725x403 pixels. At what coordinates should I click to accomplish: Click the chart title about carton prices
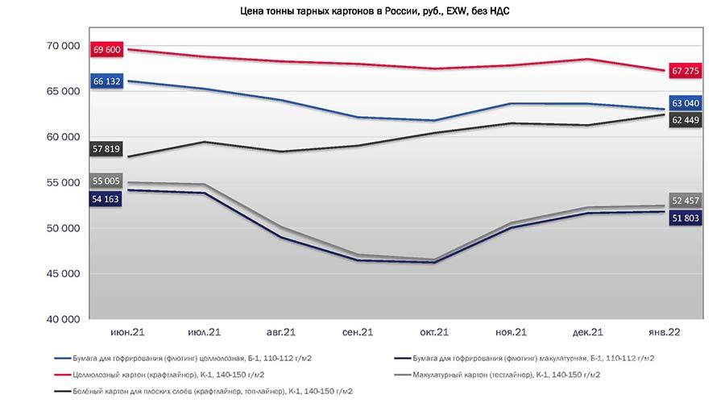click(375, 11)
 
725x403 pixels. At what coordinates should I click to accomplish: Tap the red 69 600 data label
click(107, 49)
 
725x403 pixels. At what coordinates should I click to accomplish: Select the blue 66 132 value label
click(107, 81)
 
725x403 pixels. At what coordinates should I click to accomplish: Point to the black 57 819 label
click(106, 149)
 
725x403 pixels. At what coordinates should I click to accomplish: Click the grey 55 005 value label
click(106, 181)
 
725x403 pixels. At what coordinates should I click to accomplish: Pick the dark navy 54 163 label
click(106, 199)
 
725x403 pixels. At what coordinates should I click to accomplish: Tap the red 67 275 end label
click(686, 71)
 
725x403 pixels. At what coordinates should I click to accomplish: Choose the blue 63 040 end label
click(686, 103)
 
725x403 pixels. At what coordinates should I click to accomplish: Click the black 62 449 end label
click(686, 120)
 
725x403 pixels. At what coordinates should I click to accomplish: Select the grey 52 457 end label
click(686, 201)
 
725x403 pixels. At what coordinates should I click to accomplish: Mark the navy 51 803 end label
click(686, 218)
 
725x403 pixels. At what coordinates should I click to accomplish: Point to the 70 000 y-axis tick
click(64, 46)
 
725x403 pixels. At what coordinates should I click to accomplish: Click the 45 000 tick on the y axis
click(64, 274)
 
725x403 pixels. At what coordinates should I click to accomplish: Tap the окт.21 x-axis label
click(434, 332)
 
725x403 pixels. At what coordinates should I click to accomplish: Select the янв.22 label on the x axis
click(665, 332)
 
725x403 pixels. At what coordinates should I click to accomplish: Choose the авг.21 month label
click(280, 332)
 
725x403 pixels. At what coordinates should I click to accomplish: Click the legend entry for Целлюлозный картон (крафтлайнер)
click(159, 375)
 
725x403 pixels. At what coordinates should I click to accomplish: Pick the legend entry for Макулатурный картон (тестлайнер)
click(498, 375)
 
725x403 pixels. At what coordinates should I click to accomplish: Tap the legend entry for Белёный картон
click(204, 392)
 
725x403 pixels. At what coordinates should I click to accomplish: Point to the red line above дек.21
click(588, 59)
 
